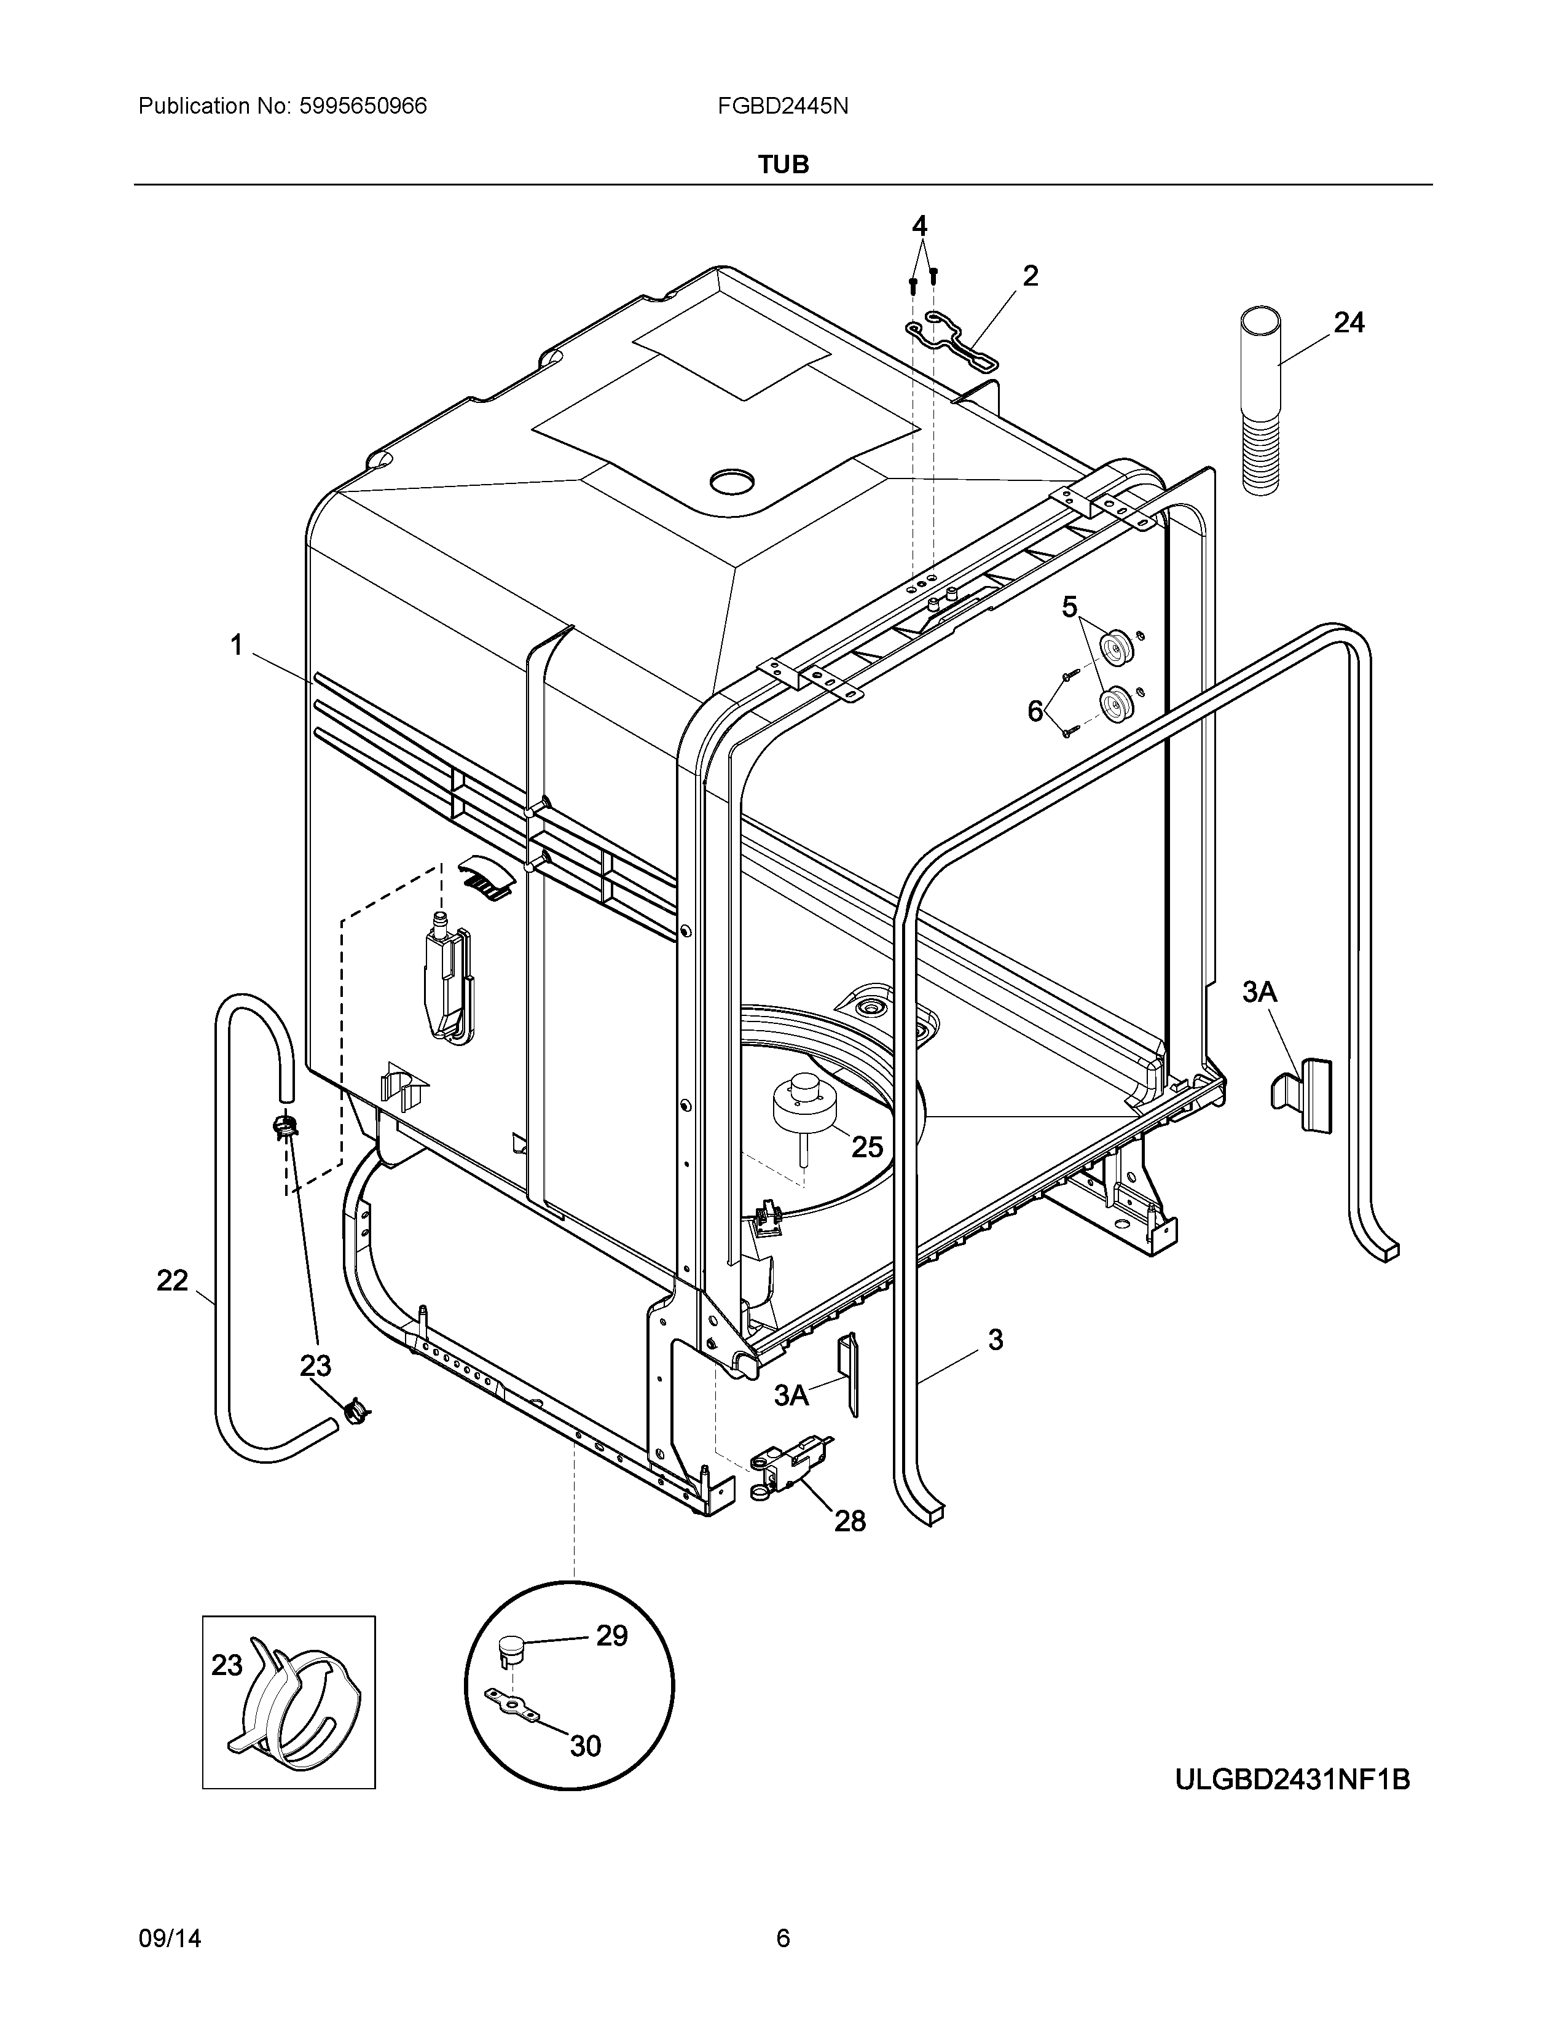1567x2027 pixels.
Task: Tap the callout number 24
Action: click(1349, 323)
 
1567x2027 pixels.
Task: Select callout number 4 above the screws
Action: click(919, 225)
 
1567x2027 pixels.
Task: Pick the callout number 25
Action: click(867, 1147)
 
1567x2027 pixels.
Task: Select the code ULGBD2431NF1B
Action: click(1292, 1780)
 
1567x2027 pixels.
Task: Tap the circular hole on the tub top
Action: click(733, 481)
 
